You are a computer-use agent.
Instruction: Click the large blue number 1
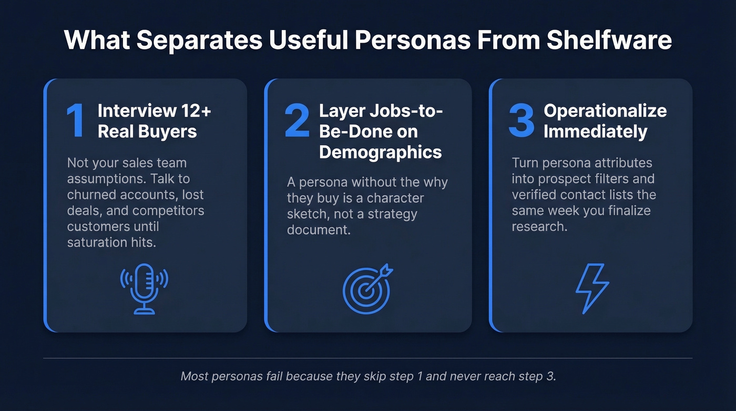(75, 121)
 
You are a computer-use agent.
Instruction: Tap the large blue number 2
(297, 121)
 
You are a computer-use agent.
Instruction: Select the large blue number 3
(521, 121)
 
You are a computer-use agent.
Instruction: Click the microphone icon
(144, 288)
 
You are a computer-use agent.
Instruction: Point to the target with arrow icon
(367, 288)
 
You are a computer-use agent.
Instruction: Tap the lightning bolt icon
(592, 288)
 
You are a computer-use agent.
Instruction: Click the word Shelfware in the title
(609, 41)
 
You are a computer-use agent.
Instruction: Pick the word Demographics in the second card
(380, 152)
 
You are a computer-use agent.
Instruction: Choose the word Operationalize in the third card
(605, 111)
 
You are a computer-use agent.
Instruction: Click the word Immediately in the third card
(595, 131)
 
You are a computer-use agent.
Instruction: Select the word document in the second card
(319, 230)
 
